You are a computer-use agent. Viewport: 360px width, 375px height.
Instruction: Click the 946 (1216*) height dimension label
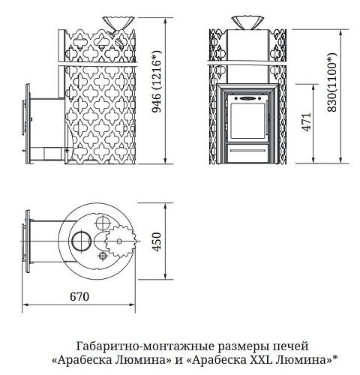[157, 81]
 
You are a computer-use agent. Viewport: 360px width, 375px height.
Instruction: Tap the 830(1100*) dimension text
[332, 82]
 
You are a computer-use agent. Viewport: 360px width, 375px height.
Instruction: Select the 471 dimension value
[307, 121]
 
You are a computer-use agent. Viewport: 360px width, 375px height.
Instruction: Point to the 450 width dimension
[157, 241]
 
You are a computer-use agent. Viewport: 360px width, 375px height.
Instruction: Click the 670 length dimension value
[79, 297]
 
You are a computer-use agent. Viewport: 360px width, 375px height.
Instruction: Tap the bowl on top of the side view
[118, 23]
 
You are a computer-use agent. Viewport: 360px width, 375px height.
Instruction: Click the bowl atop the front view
[247, 22]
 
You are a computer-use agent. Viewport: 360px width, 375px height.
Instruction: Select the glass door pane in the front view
[247, 121]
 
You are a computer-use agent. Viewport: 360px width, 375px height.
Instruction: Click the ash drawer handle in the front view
[247, 151]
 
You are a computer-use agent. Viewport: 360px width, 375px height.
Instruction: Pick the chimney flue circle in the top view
[81, 241]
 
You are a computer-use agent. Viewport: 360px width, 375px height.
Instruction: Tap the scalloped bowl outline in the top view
[120, 241]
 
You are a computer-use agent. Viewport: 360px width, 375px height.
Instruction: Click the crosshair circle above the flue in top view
[103, 223]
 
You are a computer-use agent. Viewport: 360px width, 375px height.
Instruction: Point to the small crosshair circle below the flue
[103, 256]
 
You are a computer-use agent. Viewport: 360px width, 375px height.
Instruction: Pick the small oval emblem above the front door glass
[247, 98]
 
